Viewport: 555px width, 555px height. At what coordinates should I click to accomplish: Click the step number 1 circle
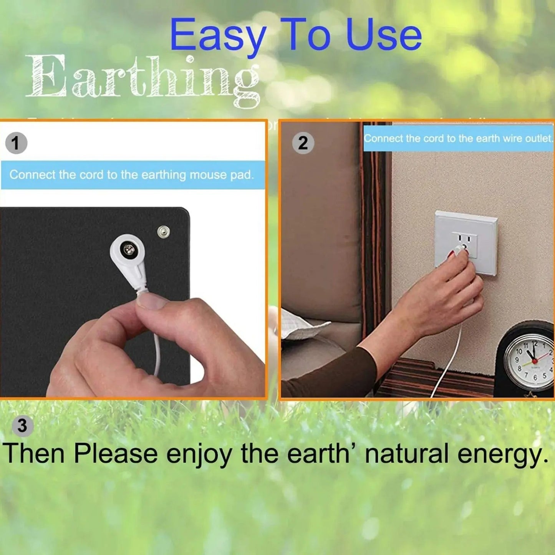click(16, 143)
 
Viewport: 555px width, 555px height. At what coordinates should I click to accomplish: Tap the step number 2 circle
click(303, 143)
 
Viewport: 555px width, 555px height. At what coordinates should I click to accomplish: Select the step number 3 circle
click(23, 426)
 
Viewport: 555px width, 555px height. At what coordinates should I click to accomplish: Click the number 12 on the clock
click(535, 344)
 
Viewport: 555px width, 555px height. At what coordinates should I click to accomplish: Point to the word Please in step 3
click(115, 454)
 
